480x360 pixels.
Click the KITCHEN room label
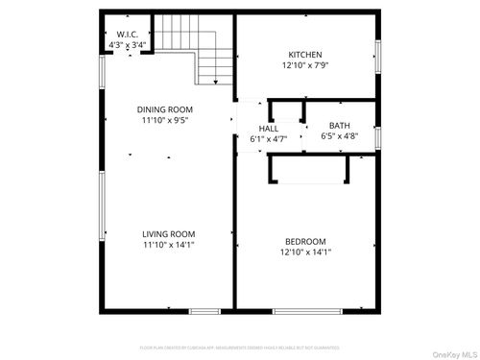(x=305, y=55)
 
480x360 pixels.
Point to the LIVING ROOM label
(x=169, y=233)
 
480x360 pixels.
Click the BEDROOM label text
(x=305, y=241)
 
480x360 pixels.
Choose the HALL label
(x=268, y=128)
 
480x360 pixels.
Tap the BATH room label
(x=340, y=126)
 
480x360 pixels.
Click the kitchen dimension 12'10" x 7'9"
(x=305, y=67)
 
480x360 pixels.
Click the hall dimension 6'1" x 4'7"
(x=268, y=139)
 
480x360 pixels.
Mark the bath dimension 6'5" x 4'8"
(x=340, y=137)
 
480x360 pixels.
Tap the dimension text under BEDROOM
(x=305, y=252)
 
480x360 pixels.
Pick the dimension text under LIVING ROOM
(x=169, y=245)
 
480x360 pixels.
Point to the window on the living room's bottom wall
(x=204, y=311)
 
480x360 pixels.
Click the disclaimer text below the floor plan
(x=240, y=348)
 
